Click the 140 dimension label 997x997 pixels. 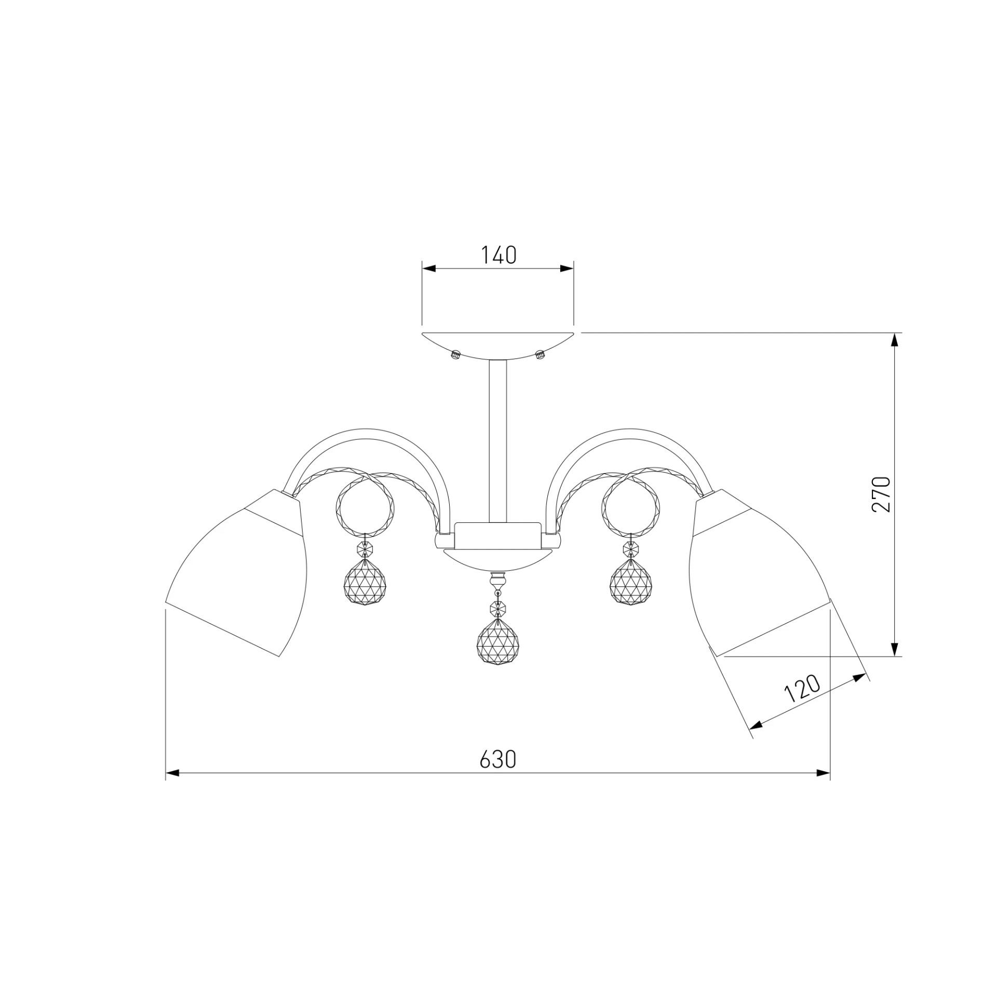coord(498,255)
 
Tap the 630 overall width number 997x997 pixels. coord(497,760)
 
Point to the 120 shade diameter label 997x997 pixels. coord(801,689)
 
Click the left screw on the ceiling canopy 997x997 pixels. coord(456,355)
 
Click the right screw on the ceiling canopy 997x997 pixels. coord(540,355)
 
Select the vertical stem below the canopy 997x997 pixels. coord(498,441)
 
